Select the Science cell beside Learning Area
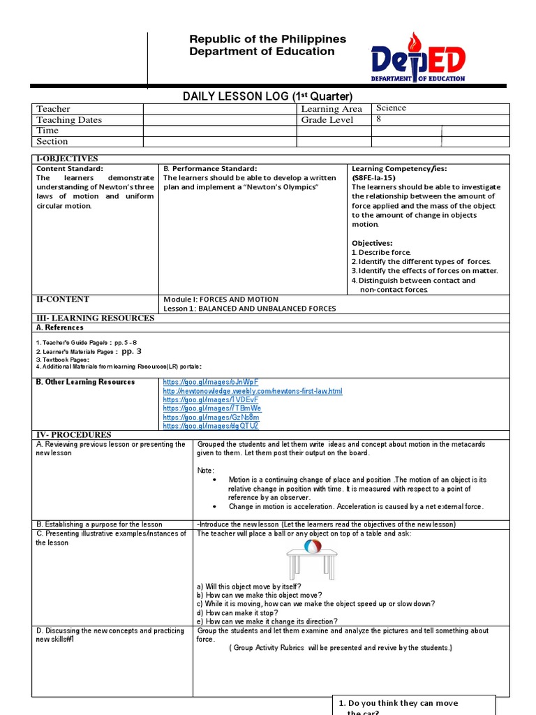(x=391, y=108)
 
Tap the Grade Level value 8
(x=379, y=119)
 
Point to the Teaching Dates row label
(x=69, y=120)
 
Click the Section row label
(x=52, y=141)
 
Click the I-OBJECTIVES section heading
(x=67, y=159)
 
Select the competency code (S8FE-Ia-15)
(x=378, y=178)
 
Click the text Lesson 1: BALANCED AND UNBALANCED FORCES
(x=249, y=309)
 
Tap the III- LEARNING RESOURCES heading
(x=95, y=318)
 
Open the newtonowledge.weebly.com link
(x=253, y=391)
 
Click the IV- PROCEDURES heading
(x=74, y=435)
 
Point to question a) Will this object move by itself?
(x=249, y=587)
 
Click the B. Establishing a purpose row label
(x=99, y=524)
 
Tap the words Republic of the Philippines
(x=267, y=39)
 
